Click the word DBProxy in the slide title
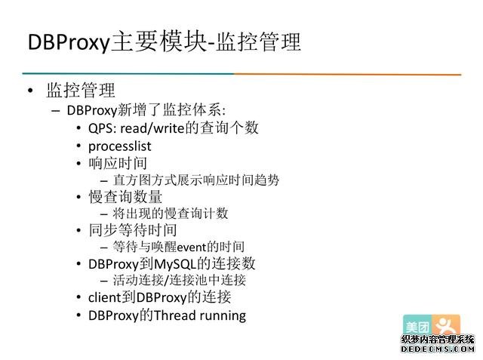click(68, 42)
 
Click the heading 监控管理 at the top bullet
click(81, 91)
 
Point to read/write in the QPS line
click(153, 128)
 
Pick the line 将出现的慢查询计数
click(171, 214)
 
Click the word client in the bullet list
click(104, 297)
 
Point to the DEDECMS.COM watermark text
click(436, 349)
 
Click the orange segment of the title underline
click(347, 74)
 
